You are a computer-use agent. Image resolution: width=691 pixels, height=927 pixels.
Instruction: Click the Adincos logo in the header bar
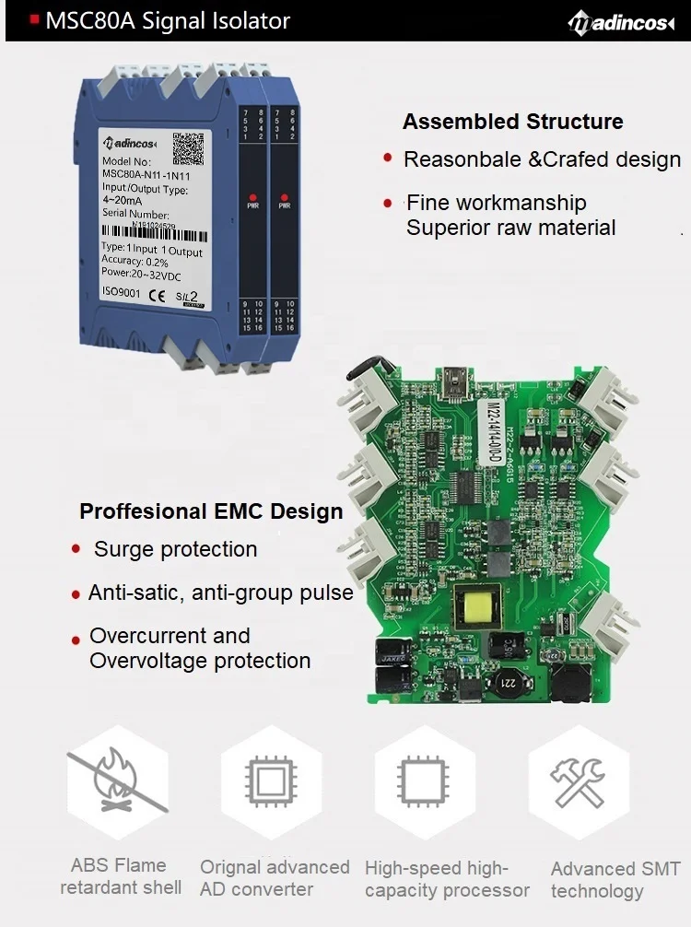[x=621, y=22]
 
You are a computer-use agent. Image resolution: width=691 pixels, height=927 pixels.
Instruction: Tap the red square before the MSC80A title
[x=35, y=18]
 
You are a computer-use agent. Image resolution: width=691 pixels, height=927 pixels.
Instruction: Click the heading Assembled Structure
[x=513, y=122]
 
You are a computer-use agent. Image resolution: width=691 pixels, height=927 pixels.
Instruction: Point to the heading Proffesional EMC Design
[x=211, y=511]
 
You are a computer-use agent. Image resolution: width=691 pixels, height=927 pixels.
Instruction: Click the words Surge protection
[x=175, y=549]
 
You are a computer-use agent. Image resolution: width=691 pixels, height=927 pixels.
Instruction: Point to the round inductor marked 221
[x=505, y=682]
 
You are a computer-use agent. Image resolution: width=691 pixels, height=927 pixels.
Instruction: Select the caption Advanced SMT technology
[x=615, y=880]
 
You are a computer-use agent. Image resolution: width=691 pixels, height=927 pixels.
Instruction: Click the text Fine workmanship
[x=497, y=203]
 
